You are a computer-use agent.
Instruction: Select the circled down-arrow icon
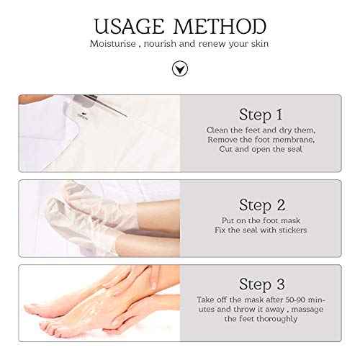click(x=179, y=68)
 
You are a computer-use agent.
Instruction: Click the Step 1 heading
click(x=260, y=114)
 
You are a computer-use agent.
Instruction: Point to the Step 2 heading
click(x=260, y=204)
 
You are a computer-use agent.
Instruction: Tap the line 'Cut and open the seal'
click(x=260, y=149)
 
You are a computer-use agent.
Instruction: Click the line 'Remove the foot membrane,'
click(x=260, y=140)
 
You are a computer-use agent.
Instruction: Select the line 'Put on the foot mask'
click(x=260, y=221)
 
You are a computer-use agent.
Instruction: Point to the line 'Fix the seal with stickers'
click(x=260, y=230)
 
